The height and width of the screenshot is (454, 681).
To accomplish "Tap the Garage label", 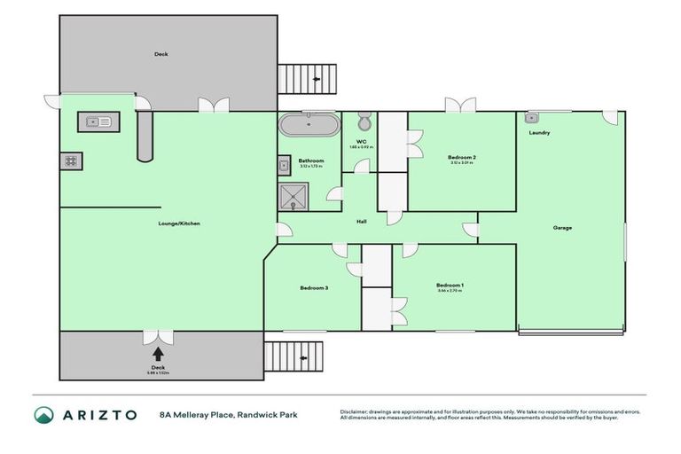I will click(x=562, y=228).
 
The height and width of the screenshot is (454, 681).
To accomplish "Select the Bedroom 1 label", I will click(x=450, y=286).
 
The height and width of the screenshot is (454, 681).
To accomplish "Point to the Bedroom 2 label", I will click(x=462, y=158).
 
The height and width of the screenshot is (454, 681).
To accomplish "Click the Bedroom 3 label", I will click(x=314, y=288).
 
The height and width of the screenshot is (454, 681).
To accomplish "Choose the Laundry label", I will click(x=540, y=133).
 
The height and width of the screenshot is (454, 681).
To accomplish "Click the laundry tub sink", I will click(x=532, y=117).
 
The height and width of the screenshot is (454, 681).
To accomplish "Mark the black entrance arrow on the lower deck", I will click(x=158, y=354).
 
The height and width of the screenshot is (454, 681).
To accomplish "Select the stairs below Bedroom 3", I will click(x=297, y=357).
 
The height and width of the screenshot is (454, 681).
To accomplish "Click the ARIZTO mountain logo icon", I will click(x=43, y=415).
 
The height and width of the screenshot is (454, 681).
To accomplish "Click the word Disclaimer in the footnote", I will click(x=356, y=411).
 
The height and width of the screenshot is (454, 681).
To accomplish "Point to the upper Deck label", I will click(x=161, y=54).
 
